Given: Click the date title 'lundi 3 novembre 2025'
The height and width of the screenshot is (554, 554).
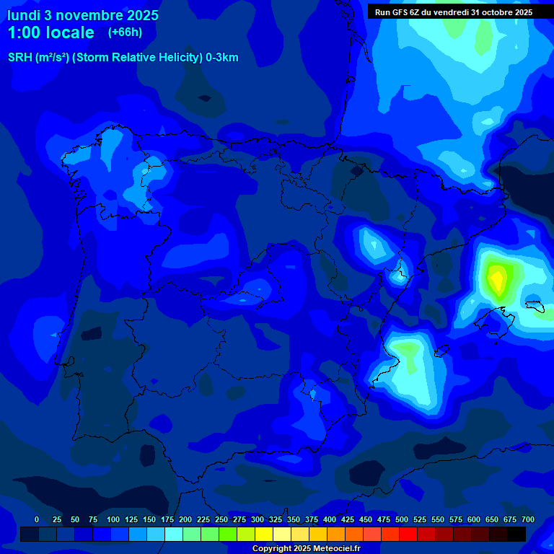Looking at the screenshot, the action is point(83,15).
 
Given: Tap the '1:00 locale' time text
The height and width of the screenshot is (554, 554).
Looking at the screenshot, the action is point(50,32).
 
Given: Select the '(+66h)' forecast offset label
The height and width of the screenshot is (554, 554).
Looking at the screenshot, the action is point(125,32).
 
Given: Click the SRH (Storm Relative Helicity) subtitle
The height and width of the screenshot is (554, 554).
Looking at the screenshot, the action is point(123,58).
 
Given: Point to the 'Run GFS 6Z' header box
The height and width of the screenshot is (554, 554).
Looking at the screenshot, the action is point(454,12).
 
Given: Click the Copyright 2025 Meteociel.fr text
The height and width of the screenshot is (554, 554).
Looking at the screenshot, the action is point(306,549).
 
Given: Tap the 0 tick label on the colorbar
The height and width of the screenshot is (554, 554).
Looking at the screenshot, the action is point(37,519).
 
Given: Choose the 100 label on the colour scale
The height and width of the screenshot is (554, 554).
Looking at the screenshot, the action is point(113,519).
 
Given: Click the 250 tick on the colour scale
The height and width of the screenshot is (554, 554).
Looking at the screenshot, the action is point(221,519).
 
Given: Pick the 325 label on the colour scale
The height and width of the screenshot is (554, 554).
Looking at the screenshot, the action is point(276,519).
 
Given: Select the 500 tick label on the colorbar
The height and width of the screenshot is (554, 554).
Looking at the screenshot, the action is point(402,519).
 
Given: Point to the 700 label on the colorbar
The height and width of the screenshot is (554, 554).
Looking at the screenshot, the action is point(528,519).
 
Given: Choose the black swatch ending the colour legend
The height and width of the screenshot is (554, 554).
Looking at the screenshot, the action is point(516,535).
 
